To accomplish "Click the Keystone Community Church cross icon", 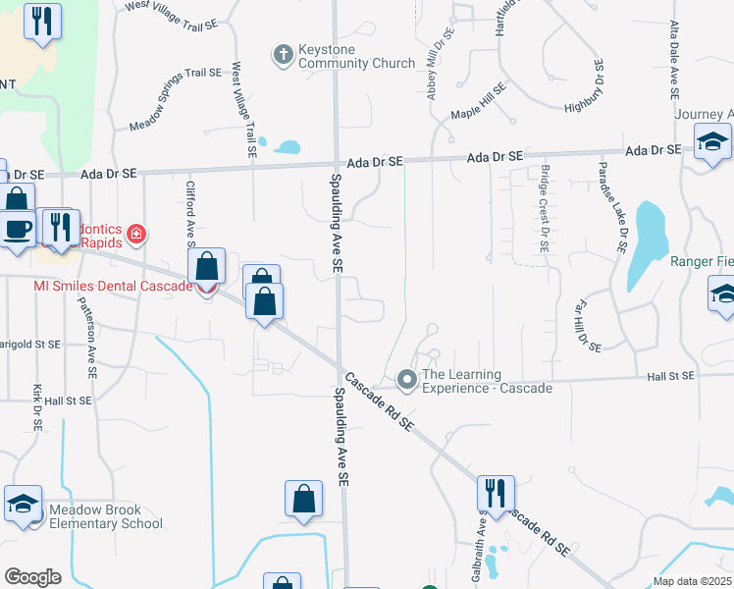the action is tap(283, 54).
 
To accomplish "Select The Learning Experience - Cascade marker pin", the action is tap(407, 378).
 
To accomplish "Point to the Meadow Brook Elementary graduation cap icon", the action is tap(23, 504).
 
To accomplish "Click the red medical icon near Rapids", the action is tap(136, 234).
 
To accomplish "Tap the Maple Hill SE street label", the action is tap(478, 102).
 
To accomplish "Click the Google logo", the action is tap(32, 576).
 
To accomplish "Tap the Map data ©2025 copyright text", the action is tap(691, 581).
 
